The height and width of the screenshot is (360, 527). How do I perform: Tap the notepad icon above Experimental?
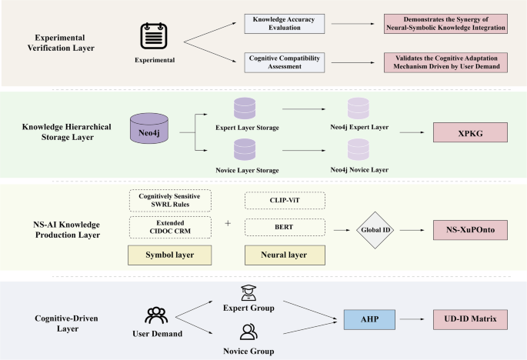click(152, 35)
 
